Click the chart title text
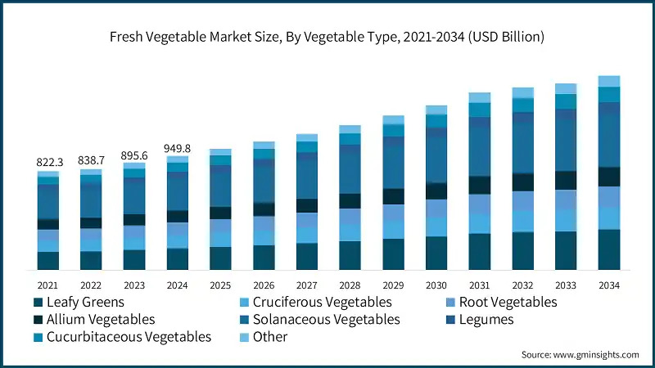click(x=327, y=37)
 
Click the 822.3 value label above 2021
click(x=48, y=163)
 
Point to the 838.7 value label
click(x=92, y=161)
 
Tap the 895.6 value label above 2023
click(x=134, y=155)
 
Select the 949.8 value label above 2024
click(x=178, y=148)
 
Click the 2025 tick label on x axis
click(x=220, y=285)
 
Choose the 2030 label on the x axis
click(x=436, y=285)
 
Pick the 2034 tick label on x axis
click(x=609, y=285)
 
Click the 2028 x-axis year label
click(x=350, y=285)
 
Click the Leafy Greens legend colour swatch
click(x=38, y=303)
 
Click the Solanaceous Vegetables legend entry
click(x=318, y=320)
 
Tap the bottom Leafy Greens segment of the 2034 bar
click(x=609, y=249)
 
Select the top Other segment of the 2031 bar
click(x=480, y=97)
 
